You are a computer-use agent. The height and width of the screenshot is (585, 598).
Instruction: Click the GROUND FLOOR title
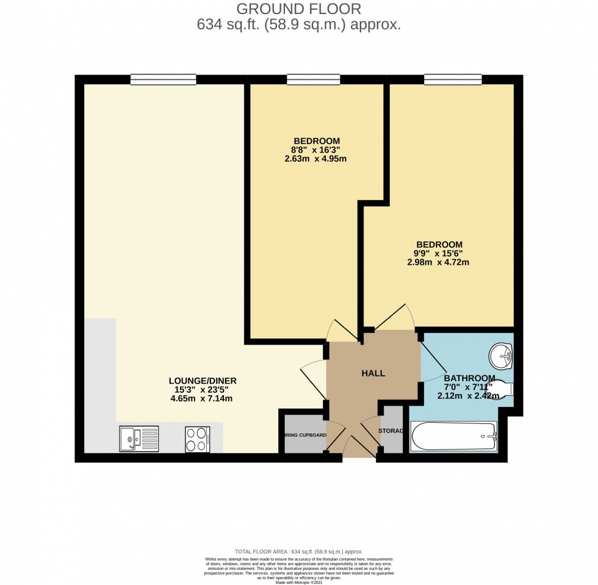tap(298, 9)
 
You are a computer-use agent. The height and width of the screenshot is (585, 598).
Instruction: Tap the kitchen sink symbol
tap(139, 439)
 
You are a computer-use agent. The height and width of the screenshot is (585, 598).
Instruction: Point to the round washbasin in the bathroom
tap(502, 356)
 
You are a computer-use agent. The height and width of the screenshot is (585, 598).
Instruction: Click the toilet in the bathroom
tap(501, 389)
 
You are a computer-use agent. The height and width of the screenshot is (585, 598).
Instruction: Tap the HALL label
tap(373, 373)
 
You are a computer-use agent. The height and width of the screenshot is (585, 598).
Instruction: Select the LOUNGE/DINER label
tap(203, 381)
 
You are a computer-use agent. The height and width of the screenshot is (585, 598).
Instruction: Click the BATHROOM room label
tap(469, 377)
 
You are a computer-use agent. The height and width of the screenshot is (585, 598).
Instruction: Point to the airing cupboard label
tap(304, 436)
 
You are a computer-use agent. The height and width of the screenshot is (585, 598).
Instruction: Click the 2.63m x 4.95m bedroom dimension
tap(315, 159)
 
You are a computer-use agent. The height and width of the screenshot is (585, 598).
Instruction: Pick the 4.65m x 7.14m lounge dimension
tap(203, 399)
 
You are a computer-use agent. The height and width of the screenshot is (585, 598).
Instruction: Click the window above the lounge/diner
tap(163, 79)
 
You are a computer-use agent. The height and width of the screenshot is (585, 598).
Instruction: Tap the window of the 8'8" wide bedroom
tap(313, 79)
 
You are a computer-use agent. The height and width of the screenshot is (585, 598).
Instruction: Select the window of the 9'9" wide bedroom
tap(453, 79)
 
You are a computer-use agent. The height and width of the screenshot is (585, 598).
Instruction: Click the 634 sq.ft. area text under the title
tap(298, 25)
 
